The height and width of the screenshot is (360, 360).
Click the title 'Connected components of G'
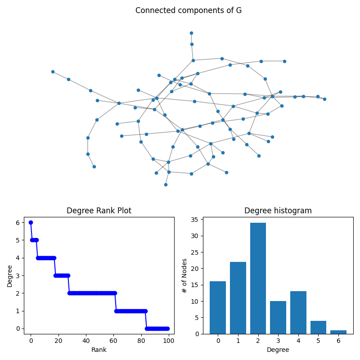click(189, 10)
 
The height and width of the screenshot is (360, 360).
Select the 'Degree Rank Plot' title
click(99, 211)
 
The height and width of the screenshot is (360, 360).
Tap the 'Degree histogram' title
click(278, 211)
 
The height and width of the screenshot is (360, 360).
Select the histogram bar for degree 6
click(338, 332)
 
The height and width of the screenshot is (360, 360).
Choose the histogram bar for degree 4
click(298, 312)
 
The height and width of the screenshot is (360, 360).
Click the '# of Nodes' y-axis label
click(184, 275)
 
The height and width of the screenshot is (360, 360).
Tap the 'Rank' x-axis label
click(99, 350)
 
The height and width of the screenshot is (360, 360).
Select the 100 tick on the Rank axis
click(169, 341)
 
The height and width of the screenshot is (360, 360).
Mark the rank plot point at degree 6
click(31, 222)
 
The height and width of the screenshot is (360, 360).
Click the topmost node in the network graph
click(191, 33)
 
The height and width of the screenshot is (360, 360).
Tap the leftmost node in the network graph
click(53, 72)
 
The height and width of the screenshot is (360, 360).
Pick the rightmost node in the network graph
click(324, 99)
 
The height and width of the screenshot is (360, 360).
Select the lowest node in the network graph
click(166, 184)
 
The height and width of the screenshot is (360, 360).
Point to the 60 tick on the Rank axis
click(113, 341)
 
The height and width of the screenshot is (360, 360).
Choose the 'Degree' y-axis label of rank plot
click(10, 275)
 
